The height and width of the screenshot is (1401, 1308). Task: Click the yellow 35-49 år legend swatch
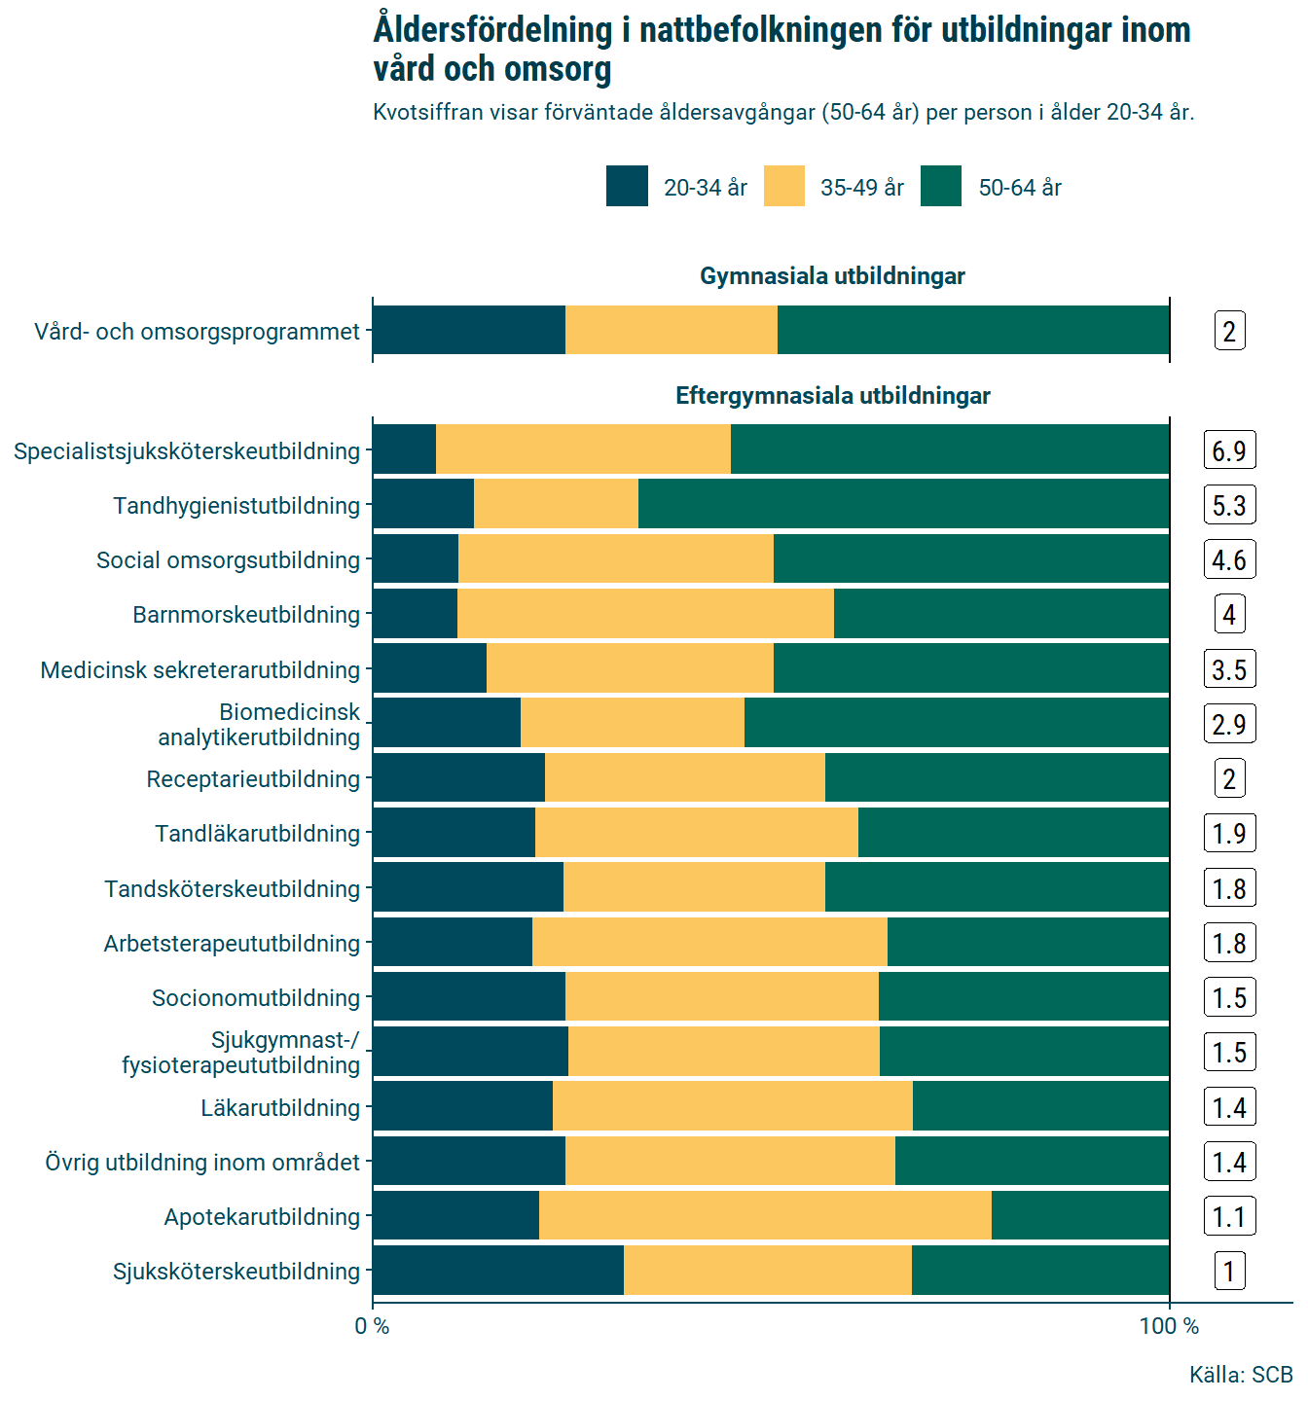pyautogui.click(x=783, y=187)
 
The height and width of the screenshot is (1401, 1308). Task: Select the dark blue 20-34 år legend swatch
pyautogui.click(x=627, y=187)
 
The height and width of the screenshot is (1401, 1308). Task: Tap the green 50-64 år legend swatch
pyautogui.click(x=941, y=187)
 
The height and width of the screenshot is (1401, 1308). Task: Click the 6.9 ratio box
pyautogui.click(x=1229, y=450)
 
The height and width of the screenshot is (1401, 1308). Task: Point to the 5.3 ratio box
pyautogui.click(x=1229, y=505)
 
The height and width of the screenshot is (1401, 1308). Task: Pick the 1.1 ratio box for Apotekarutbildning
pyautogui.click(x=1229, y=1216)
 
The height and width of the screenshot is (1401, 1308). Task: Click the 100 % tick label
pyautogui.click(x=1169, y=1326)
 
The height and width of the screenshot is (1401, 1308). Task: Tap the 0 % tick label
pyautogui.click(x=372, y=1326)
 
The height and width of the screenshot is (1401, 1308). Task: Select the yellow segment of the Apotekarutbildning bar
pyautogui.click(x=765, y=1216)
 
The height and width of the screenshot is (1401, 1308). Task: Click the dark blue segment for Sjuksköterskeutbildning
pyautogui.click(x=497, y=1271)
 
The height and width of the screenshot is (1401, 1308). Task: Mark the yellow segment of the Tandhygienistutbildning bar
pyautogui.click(x=556, y=505)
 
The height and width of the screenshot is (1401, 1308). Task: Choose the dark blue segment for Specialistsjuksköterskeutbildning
pyautogui.click(x=404, y=450)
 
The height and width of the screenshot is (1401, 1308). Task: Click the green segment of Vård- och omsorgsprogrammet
pyautogui.click(x=973, y=331)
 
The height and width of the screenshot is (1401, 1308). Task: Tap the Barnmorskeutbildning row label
pyautogui.click(x=246, y=615)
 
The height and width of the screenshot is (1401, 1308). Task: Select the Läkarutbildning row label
pyautogui.click(x=280, y=1107)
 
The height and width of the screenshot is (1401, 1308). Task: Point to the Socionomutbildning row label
pyautogui.click(x=256, y=998)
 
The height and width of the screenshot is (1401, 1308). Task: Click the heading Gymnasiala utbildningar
pyautogui.click(x=832, y=276)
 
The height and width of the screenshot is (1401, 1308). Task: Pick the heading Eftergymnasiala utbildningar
pyautogui.click(x=832, y=396)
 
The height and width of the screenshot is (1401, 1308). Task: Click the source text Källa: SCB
pyautogui.click(x=1241, y=1375)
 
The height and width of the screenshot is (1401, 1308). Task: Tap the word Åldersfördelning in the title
pyautogui.click(x=492, y=30)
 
